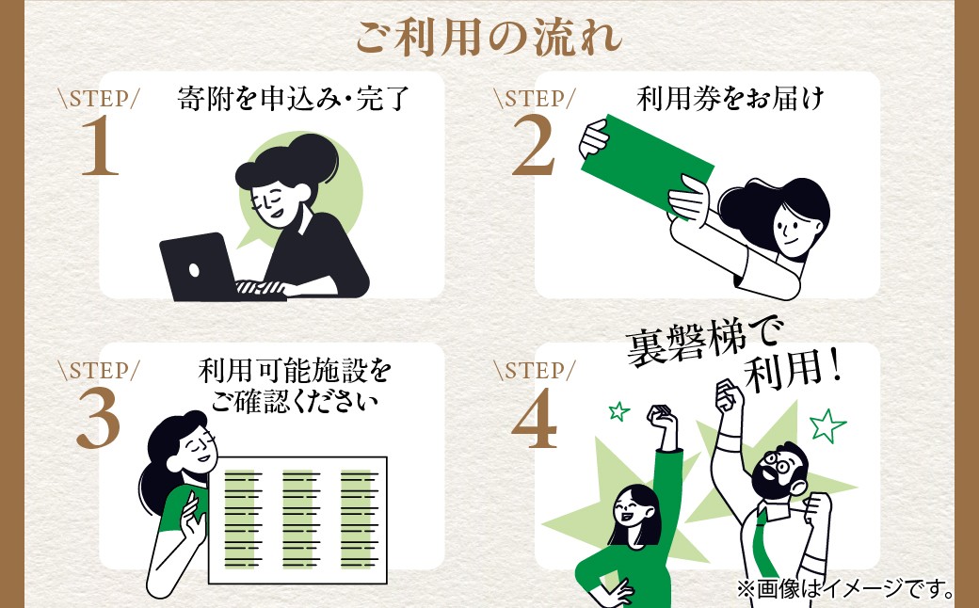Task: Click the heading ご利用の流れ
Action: [x=489, y=37]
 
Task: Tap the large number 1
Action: [x=100, y=147]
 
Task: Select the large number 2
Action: [x=534, y=147]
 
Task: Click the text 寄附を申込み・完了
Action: [x=293, y=99]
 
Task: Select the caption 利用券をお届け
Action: [x=730, y=99]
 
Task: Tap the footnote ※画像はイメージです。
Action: [x=845, y=588]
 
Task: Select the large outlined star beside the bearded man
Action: [x=827, y=425]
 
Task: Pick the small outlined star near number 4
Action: [x=618, y=410]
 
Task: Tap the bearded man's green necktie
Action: [x=765, y=542]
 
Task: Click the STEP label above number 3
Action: [x=99, y=370]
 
